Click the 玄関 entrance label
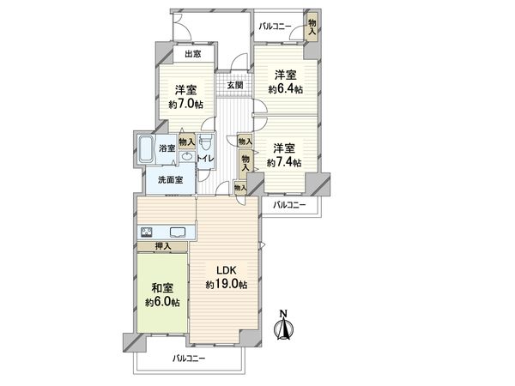(235, 85)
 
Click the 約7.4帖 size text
(284, 162)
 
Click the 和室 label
(161, 288)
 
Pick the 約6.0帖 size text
(161, 303)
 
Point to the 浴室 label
(167, 148)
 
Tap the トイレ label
(206, 159)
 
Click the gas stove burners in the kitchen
(147, 232)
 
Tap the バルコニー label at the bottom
(190, 357)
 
